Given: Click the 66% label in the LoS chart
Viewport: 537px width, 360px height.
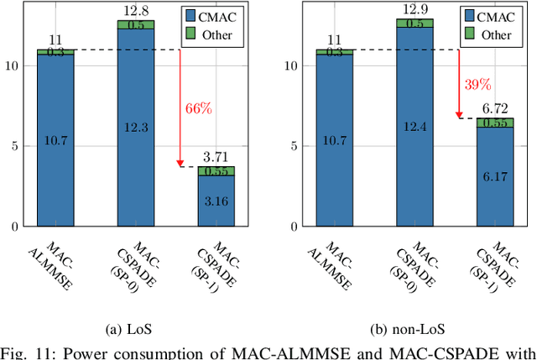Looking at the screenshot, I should click(x=198, y=108).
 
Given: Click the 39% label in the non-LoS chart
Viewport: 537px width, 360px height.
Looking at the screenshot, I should click(x=478, y=85).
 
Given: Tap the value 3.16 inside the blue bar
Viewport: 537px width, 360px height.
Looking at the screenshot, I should click(x=216, y=201).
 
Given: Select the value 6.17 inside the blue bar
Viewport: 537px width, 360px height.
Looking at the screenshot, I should click(x=495, y=177).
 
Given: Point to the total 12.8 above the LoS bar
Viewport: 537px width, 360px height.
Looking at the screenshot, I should click(x=135, y=10).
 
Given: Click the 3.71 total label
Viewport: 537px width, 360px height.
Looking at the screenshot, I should click(x=216, y=157).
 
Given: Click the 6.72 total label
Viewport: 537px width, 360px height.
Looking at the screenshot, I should click(x=495, y=109).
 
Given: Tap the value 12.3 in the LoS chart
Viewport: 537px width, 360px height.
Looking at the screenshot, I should click(x=135, y=127).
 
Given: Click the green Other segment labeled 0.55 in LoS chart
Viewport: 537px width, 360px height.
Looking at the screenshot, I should click(x=216, y=171).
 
